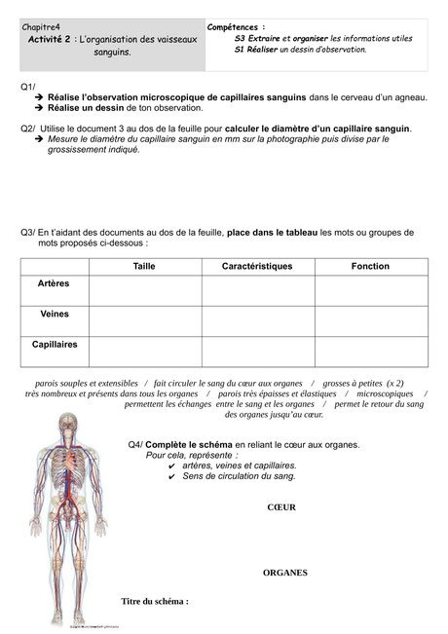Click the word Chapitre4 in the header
click(x=41, y=27)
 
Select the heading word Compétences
click(x=237, y=27)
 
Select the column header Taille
click(x=144, y=266)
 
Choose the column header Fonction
click(x=370, y=266)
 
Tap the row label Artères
click(x=54, y=284)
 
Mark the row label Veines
click(x=54, y=315)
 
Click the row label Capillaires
click(x=55, y=345)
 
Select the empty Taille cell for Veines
click(x=144, y=321)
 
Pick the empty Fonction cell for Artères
click(x=370, y=291)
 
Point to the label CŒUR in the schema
click(x=281, y=507)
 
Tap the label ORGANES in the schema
click(x=284, y=573)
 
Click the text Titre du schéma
click(x=154, y=601)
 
